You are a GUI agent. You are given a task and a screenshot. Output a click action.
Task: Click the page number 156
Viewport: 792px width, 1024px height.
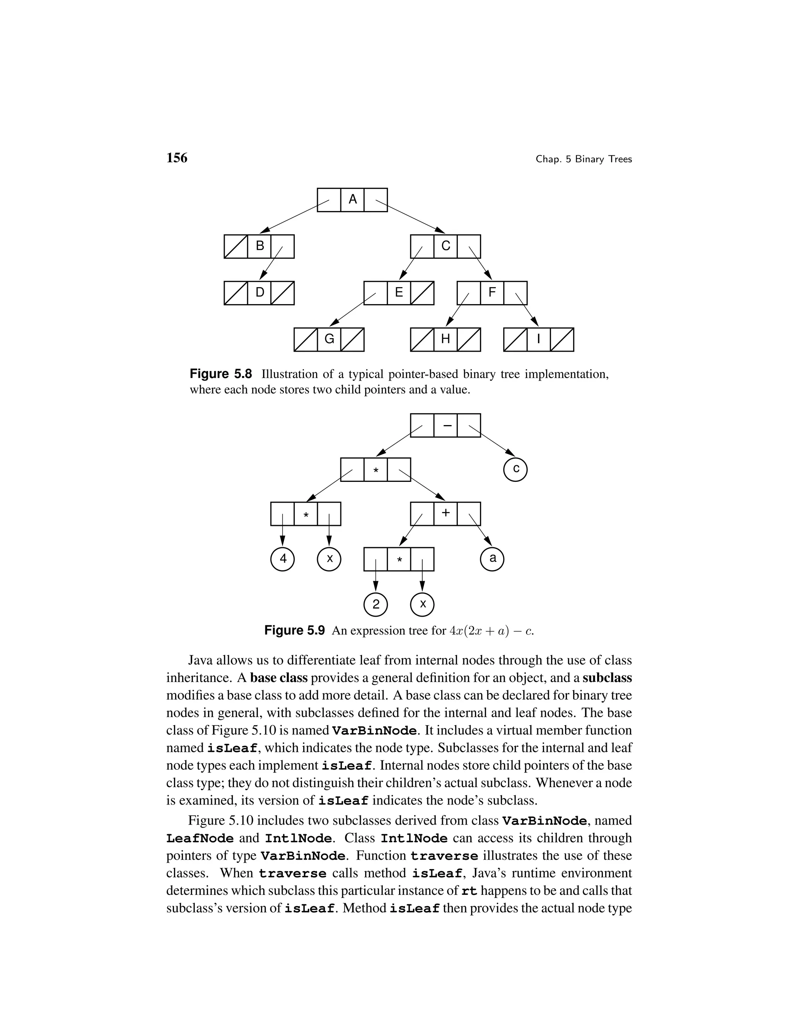click(x=177, y=158)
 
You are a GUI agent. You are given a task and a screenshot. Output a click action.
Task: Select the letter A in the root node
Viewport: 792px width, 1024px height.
click(x=352, y=200)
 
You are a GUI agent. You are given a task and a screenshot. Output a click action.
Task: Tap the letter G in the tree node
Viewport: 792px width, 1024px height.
click(x=329, y=339)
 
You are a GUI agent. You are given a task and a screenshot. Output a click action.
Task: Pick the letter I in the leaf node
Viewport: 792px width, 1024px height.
click(x=538, y=339)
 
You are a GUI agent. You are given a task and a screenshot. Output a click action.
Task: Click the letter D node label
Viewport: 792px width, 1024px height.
click(x=259, y=293)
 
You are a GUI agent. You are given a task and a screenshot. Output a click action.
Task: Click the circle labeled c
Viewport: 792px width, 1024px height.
click(x=515, y=469)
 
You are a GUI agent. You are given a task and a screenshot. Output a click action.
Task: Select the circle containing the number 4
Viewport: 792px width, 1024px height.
click(x=282, y=559)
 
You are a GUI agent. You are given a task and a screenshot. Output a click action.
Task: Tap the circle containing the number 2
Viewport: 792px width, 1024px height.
click(x=376, y=604)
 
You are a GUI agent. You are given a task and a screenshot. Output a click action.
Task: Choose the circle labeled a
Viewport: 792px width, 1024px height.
click(x=492, y=559)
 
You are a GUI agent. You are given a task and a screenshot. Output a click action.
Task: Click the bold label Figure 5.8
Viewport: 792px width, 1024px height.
click(x=220, y=374)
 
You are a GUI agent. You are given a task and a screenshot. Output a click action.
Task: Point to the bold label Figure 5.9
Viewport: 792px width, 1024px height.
click(x=294, y=631)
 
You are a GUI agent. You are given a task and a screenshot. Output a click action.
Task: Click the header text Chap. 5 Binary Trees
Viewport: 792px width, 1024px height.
click(x=583, y=160)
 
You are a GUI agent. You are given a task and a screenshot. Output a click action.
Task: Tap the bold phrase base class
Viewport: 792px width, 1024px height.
click(x=279, y=679)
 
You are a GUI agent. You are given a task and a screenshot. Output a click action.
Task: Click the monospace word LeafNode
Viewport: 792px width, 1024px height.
click(x=200, y=839)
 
